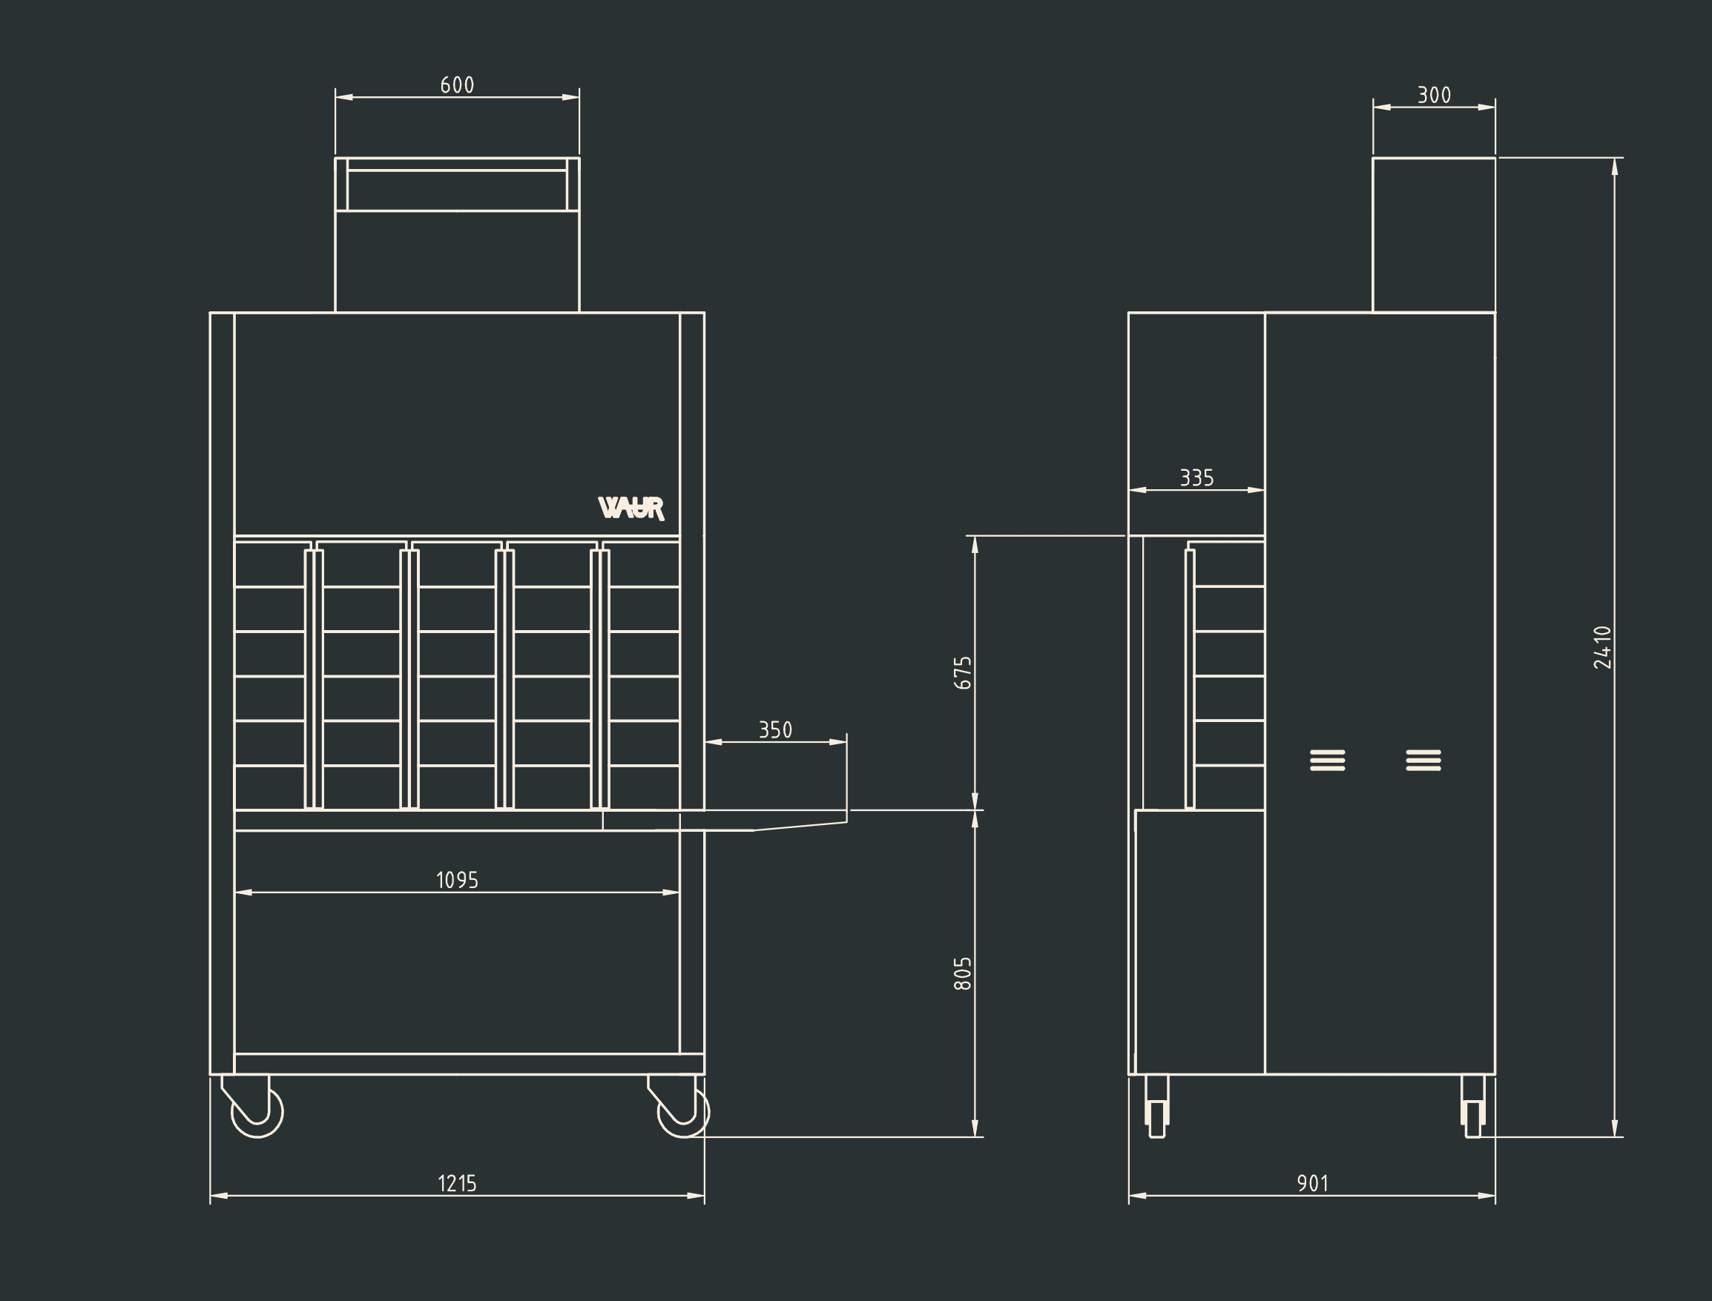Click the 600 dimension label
pyautogui.click(x=457, y=85)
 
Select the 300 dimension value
pyautogui.click(x=1434, y=94)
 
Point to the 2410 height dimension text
pyautogui.click(x=1603, y=646)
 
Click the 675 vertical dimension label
pyautogui.click(x=962, y=673)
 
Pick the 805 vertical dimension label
pyautogui.click(x=962, y=973)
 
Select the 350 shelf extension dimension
pyautogui.click(x=774, y=729)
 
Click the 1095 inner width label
pyautogui.click(x=457, y=880)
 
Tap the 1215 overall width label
pyautogui.click(x=457, y=1182)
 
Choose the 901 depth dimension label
pyautogui.click(x=1312, y=1182)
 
